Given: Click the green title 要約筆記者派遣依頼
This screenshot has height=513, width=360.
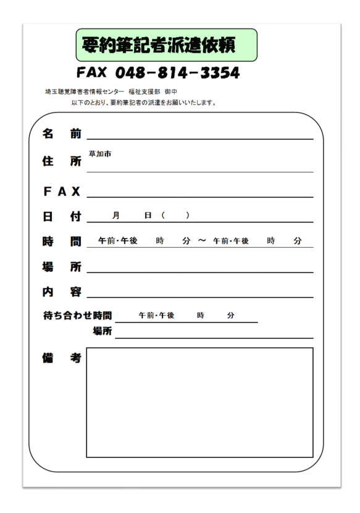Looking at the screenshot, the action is pos(166,45).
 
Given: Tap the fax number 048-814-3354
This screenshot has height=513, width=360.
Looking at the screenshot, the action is pos(158,74).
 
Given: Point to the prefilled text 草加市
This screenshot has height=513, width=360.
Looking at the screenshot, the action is pos(100,154).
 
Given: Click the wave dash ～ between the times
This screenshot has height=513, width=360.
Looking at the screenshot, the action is pos(202,241).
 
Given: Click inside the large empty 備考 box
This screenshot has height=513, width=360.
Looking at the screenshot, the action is pos(199,402).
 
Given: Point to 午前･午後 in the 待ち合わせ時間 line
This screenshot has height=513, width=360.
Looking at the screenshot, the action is pos(156,315).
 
